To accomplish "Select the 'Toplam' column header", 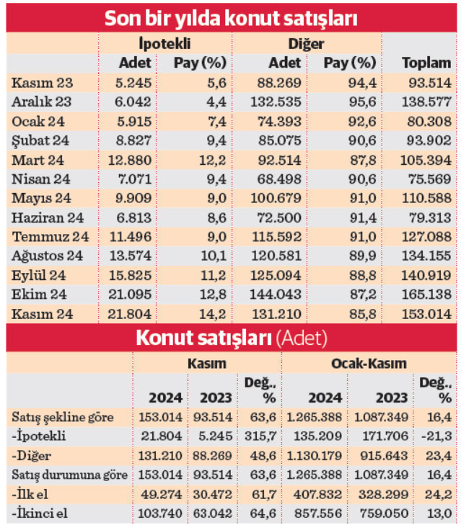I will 426,63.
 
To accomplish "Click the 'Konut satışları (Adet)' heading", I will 231,337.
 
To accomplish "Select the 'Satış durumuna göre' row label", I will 69,475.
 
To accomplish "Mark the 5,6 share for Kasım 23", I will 216,83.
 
